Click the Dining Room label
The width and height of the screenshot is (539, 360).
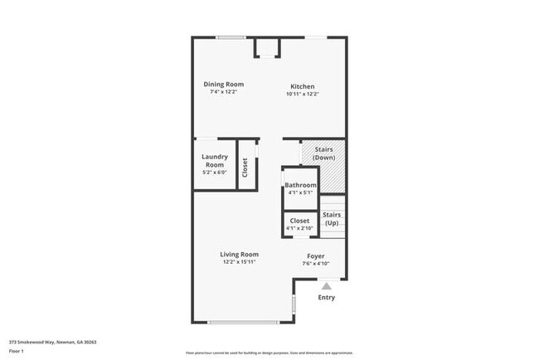point(224,84)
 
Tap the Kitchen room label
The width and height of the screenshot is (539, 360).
point(302,86)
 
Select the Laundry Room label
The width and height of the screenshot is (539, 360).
point(215,160)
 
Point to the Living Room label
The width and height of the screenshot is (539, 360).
point(239,254)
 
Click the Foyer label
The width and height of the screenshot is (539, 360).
point(316,255)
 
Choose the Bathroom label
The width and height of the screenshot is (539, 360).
point(300,184)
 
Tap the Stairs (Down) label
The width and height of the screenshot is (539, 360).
point(323,153)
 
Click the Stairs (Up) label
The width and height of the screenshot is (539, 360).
point(331,219)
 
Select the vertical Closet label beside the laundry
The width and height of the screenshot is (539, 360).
point(245,168)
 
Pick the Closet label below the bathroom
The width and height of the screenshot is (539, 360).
point(299,221)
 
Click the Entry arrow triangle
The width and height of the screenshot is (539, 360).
point(327,286)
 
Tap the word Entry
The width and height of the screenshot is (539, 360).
point(327,298)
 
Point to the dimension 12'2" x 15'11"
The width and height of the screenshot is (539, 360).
point(239,262)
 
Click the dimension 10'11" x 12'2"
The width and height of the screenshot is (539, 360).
point(302,94)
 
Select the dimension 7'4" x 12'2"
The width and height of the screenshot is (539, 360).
point(224,91)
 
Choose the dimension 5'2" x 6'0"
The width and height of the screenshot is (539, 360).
point(215,173)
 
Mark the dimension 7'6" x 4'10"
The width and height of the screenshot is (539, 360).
point(316,264)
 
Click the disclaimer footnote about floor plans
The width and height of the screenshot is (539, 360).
point(269,353)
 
